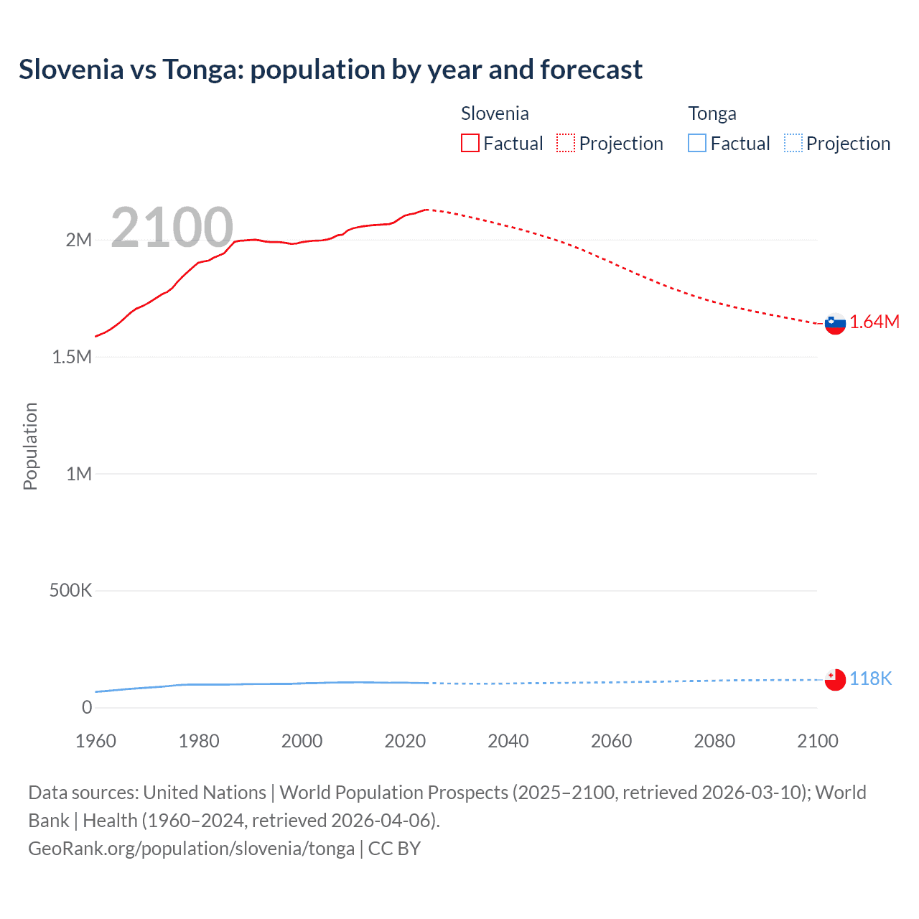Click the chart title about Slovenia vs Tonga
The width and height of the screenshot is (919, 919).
coord(330,70)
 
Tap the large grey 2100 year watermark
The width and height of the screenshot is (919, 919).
coord(172,228)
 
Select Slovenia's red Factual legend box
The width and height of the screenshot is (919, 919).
coord(470,143)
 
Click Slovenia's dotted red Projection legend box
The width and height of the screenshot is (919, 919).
coord(566,143)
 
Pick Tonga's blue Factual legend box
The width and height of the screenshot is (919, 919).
coord(697,143)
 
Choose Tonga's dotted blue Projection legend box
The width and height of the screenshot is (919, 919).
coord(793,143)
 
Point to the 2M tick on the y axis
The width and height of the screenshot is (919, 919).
coord(79,240)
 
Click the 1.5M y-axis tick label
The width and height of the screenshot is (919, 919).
coord(72,357)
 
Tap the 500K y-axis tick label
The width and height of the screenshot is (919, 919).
coord(70,590)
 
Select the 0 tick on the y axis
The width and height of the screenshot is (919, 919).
coord(87,707)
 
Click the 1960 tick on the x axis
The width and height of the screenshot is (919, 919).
coord(95,741)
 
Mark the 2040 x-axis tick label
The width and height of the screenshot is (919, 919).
coord(508,741)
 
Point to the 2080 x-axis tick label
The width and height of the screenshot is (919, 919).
coord(714,741)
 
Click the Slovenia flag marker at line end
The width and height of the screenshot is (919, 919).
coord(835,324)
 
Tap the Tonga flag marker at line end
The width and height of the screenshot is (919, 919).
coord(835,679)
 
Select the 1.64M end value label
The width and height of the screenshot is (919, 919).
coord(874,322)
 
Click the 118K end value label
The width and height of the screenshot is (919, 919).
coord(870,678)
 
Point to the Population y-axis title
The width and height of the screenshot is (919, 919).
coord(30,446)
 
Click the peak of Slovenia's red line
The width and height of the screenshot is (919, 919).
coord(427,210)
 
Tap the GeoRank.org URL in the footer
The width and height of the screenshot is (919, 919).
coord(191,849)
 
